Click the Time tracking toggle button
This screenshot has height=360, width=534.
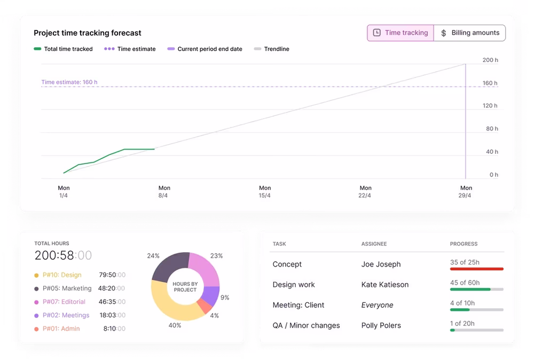pos(400,33)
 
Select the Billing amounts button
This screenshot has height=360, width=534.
pos(469,33)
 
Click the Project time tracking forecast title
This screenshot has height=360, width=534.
pos(88,33)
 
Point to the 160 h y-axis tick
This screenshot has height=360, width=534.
pos(490,83)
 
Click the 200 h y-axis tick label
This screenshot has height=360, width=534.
pos(490,60)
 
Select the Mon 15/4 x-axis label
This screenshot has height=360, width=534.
pos(265,192)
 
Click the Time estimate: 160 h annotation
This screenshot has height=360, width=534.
pos(69,82)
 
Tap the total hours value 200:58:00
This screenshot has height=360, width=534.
pos(63,255)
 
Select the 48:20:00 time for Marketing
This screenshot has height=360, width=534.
pos(112,288)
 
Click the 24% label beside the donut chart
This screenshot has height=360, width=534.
pos(153,256)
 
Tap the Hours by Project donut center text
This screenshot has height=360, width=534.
pos(185,286)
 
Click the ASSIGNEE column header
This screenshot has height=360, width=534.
pos(374,244)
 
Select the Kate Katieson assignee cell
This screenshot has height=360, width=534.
pos(384,285)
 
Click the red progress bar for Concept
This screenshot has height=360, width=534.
pos(476,269)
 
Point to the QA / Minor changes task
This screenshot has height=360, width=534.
pos(306,325)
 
